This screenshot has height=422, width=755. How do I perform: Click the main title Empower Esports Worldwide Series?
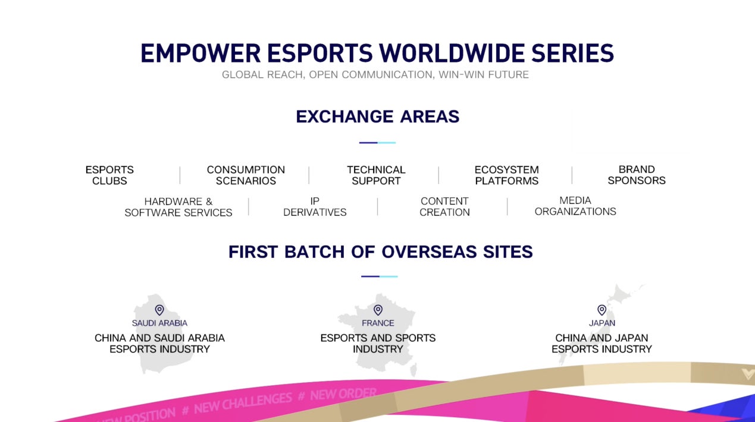[x=377, y=53]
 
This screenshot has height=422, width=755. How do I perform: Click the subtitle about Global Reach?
[x=375, y=75]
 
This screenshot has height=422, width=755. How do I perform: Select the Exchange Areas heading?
[x=377, y=116]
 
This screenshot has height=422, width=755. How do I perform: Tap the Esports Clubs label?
[x=109, y=175]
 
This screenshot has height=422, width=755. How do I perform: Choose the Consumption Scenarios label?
[x=246, y=175]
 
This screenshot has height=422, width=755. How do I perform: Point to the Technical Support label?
[x=376, y=175]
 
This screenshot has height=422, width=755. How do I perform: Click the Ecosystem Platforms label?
[x=506, y=175]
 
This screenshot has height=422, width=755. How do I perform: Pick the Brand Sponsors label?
[x=636, y=175]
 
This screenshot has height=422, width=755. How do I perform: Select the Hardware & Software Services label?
[x=178, y=207]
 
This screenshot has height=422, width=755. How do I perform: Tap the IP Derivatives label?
[x=315, y=207]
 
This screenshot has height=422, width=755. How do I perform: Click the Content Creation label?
[x=444, y=207]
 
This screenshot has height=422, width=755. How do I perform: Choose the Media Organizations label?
[x=575, y=206]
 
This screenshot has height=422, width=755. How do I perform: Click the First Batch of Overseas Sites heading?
[x=380, y=251]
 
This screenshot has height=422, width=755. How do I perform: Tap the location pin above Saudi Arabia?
[x=159, y=310]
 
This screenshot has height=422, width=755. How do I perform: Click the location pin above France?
[x=378, y=310]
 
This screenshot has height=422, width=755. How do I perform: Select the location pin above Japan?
[x=602, y=310]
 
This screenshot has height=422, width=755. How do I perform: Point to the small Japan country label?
[x=602, y=323]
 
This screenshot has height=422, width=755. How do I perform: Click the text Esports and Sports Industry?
[x=378, y=344]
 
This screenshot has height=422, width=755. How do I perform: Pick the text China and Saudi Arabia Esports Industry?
[x=159, y=344]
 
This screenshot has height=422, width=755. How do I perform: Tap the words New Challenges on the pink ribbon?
[x=243, y=402]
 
